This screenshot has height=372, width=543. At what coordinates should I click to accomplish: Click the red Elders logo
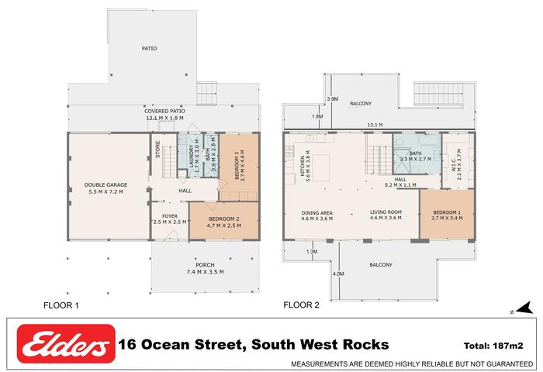click(66, 343)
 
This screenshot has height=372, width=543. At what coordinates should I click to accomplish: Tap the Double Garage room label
click(106, 184)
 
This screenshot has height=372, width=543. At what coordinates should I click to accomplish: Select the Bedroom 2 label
click(224, 219)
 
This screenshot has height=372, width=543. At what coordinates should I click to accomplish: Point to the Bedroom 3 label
click(237, 164)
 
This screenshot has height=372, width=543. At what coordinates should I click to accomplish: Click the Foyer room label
click(170, 216)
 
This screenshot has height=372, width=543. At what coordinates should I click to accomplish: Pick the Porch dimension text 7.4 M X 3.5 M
click(205, 272)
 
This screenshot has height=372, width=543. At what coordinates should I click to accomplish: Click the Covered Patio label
click(164, 111)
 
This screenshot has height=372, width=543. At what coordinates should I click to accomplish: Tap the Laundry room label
click(192, 156)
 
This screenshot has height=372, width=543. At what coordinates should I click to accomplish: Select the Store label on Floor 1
click(158, 150)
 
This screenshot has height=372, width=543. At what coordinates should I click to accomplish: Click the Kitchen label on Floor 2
click(303, 166)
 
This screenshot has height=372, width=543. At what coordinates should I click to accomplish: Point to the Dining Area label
click(316, 213)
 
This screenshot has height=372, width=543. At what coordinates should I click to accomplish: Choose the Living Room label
click(386, 212)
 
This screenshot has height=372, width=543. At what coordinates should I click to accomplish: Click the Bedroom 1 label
click(447, 212)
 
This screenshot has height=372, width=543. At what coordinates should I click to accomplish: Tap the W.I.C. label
click(454, 165)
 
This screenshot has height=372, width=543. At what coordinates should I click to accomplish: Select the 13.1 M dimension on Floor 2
click(375, 125)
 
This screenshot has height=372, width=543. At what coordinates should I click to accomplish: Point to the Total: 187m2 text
click(493, 346)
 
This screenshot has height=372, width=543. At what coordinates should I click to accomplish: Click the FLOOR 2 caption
click(301, 305)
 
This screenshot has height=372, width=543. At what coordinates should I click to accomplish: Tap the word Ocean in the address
click(165, 345)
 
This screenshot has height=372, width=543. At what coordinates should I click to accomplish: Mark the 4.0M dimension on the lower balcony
click(338, 274)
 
